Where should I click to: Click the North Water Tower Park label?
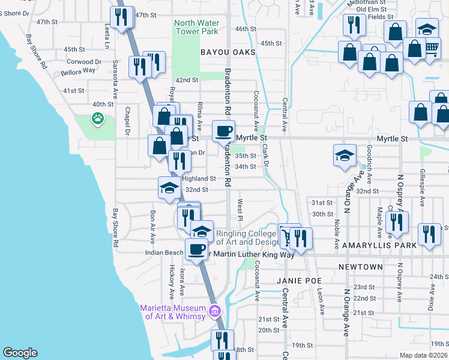[x=196, y=28]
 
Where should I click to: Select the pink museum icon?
[x=215, y=310]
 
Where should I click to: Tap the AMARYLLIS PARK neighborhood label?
[x=367, y=246]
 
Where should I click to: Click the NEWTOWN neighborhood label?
[x=360, y=266]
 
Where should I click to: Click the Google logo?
[x=20, y=353]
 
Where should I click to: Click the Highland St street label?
[x=199, y=179]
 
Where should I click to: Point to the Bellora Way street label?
[x=78, y=71]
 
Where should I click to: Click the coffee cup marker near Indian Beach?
[x=196, y=248]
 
